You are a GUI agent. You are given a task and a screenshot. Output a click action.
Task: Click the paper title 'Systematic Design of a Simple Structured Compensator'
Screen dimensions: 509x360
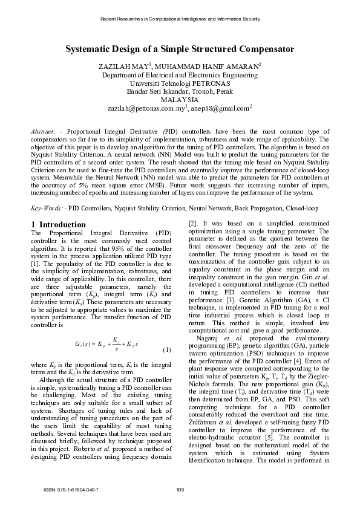[180, 50]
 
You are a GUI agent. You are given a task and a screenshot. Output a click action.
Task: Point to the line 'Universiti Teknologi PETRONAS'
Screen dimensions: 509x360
[179, 83]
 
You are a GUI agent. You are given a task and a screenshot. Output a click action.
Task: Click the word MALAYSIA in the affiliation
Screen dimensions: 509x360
[179, 100]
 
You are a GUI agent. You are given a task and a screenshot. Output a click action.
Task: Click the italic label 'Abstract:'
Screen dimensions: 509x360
[43, 131]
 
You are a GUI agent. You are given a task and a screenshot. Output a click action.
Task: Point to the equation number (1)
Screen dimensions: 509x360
[166, 351]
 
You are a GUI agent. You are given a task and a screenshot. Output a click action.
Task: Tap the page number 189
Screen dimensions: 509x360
[180, 489]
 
